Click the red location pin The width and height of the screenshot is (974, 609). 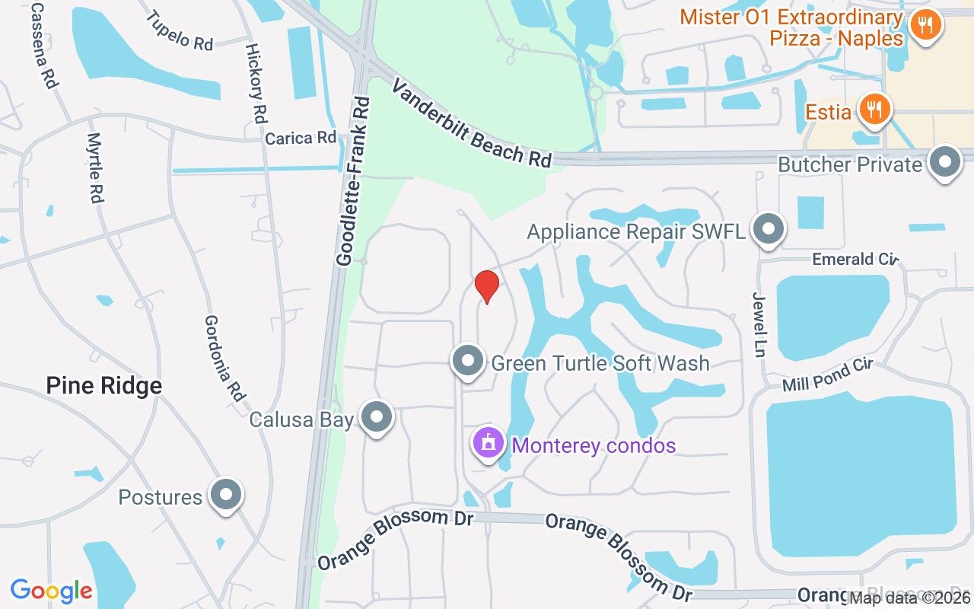coord(487,286)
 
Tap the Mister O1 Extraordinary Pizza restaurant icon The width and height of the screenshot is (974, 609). coord(925,26)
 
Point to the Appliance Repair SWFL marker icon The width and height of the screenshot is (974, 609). coord(769,228)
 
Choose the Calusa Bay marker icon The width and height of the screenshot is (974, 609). coord(376,417)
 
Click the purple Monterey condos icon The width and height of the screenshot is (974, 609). coord(488,443)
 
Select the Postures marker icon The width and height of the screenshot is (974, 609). coord(225,495)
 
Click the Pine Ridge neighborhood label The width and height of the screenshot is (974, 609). coord(104,385)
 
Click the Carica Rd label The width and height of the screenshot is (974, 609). coord(301,138)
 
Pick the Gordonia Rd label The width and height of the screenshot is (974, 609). coord(226,358)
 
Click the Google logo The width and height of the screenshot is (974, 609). coord(51,591)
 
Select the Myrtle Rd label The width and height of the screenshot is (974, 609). coord(94,167)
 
